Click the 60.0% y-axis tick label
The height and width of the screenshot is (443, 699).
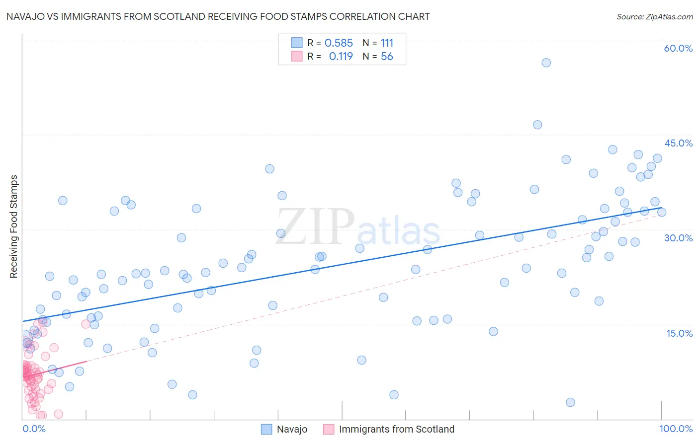point(678,48)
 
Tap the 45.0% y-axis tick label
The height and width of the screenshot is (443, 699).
point(678,143)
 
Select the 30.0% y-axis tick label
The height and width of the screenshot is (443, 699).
point(678,238)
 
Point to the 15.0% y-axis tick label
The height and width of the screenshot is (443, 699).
point(679,333)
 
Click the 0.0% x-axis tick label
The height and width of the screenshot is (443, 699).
point(34,429)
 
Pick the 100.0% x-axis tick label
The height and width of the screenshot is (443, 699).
point(676,429)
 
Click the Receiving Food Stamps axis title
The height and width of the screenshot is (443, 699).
point(13,226)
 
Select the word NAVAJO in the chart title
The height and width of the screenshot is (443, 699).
point(23,16)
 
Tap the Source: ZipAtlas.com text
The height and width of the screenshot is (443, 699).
point(654,16)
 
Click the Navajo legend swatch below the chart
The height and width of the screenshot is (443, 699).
point(266,429)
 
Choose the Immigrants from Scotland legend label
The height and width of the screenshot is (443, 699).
point(396,429)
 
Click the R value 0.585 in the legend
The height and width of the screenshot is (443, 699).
point(339,43)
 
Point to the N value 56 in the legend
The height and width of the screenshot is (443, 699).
point(387,57)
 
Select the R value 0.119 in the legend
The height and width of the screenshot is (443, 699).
point(341,57)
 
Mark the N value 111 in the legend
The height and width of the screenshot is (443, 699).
point(387,43)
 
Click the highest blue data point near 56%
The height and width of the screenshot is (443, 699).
point(546,63)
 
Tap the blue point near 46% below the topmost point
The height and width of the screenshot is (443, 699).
point(537,125)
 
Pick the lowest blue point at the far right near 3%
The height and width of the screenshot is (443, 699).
point(570,402)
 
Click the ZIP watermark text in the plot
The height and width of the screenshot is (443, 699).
point(315,226)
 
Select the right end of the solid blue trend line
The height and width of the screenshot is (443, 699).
point(661,208)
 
